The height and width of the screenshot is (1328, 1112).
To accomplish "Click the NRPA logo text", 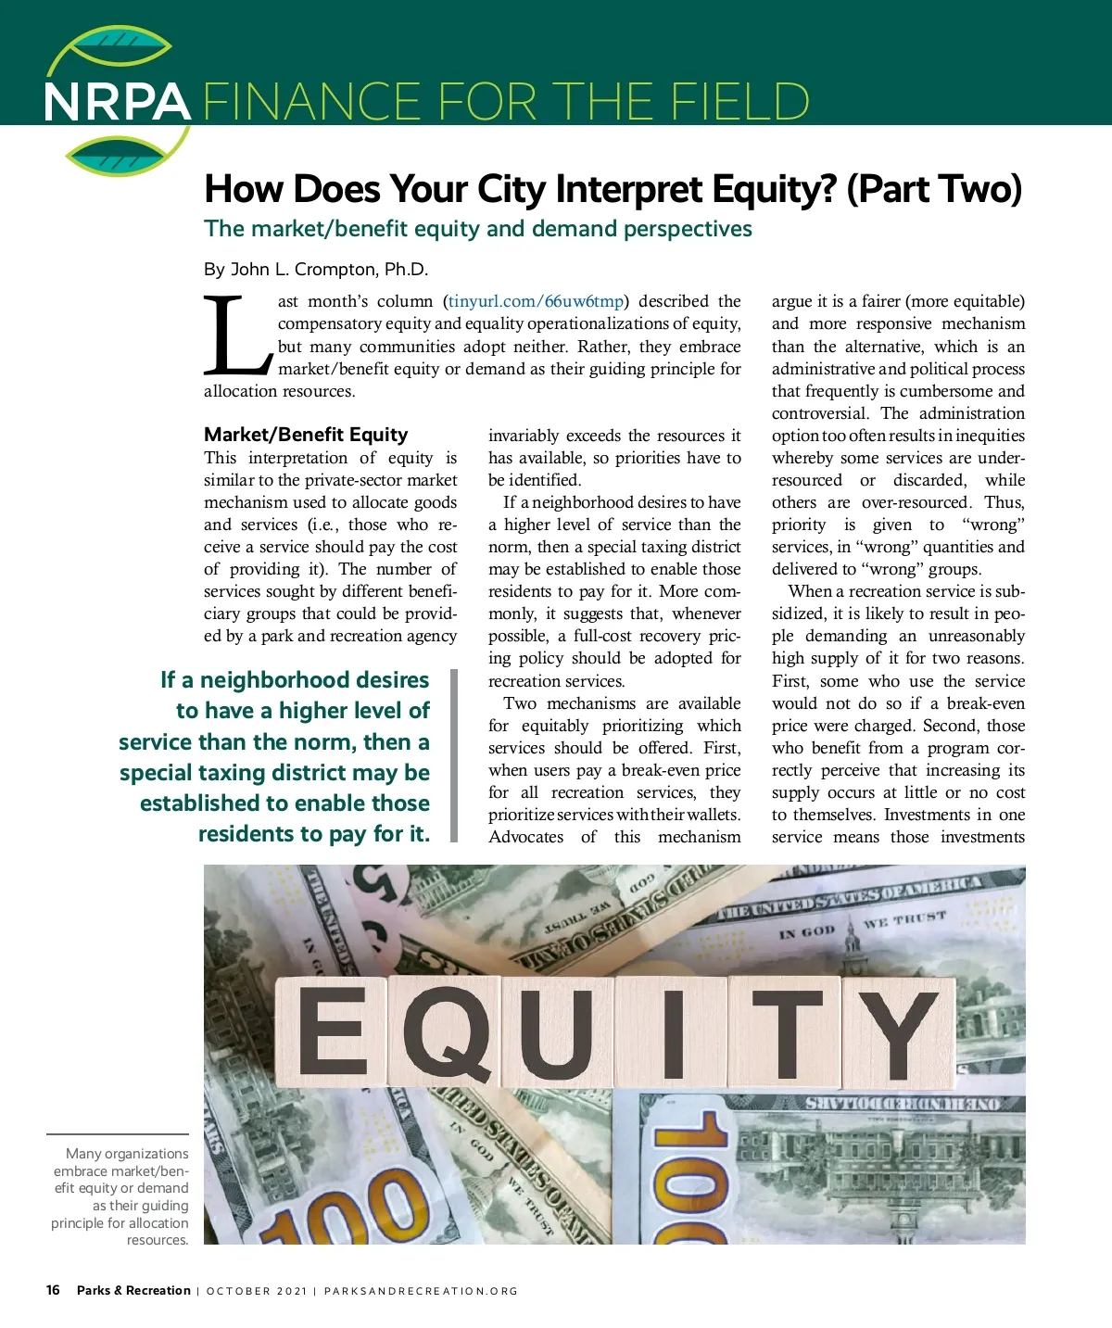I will tap(117, 102).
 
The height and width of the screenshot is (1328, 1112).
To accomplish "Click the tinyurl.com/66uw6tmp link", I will tap(536, 301).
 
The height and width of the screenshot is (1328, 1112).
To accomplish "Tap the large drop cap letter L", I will tap(237, 334).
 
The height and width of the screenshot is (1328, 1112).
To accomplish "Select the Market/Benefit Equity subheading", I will tap(306, 435).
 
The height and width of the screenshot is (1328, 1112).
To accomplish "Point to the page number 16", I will tap(53, 1290).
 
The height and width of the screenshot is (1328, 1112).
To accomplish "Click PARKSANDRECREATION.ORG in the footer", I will tap(421, 1291).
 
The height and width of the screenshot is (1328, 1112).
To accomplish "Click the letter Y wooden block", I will tap(894, 1033).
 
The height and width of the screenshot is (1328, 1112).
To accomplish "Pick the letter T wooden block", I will tap(786, 1033).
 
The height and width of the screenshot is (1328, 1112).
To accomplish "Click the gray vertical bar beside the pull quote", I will tap(454, 755).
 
